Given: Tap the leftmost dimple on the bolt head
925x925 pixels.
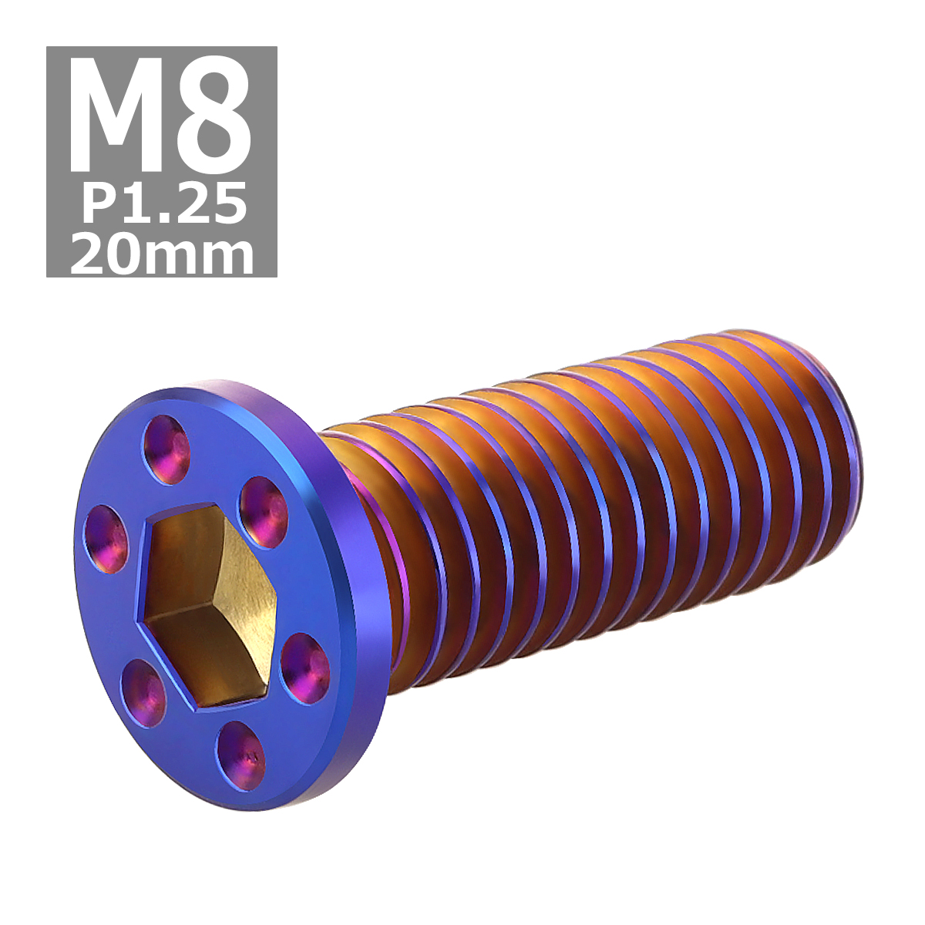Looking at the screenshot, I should pyautogui.click(x=106, y=539).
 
